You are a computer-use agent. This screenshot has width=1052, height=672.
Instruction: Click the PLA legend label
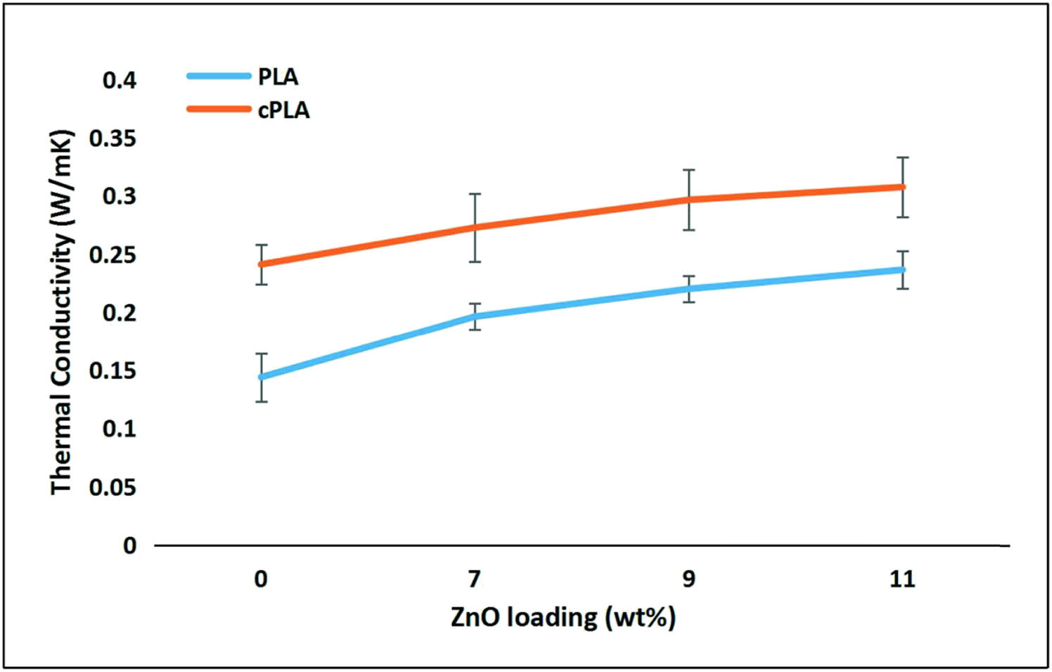[x=278, y=77]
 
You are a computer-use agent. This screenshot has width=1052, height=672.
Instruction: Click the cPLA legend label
[x=283, y=110]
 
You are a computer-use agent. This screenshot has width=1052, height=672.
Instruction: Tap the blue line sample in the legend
[x=219, y=76]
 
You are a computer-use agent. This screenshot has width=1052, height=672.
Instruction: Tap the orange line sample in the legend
[x=219, y=109]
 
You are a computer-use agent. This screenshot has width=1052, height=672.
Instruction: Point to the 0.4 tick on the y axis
[x=120, y=80]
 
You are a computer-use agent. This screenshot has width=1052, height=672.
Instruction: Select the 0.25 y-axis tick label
[x=113, y=254]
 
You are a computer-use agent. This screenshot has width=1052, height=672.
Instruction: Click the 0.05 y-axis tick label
[x=113, y=487]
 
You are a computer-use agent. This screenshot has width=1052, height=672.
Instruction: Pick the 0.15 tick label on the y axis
[x=113, y=370]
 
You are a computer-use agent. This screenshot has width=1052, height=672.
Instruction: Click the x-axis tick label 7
[x=475, y=579]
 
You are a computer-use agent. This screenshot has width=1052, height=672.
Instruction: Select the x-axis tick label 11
[x=902, y=579]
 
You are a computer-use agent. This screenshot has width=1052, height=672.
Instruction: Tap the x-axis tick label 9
[x=688, y=579]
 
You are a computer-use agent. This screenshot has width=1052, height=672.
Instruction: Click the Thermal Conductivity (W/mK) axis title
[x=62, y=312]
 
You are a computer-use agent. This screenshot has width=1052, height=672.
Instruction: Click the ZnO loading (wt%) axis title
[x=563, y=617]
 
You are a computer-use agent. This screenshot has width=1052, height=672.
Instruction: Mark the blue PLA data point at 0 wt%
[x=262, y=377]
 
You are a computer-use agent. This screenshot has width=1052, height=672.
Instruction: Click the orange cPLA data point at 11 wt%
[x=903, y=187]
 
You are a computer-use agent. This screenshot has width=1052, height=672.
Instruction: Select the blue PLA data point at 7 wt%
[x=475, y=317]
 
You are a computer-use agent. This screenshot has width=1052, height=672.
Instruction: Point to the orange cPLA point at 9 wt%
[x=689, y=200]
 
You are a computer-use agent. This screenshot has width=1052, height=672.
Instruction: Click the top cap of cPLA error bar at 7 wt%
[x=475, y=194]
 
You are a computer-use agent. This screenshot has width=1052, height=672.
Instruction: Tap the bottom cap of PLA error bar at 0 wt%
[x=262, y=401]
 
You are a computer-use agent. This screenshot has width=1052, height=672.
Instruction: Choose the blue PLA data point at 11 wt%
[x=903, y=270]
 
